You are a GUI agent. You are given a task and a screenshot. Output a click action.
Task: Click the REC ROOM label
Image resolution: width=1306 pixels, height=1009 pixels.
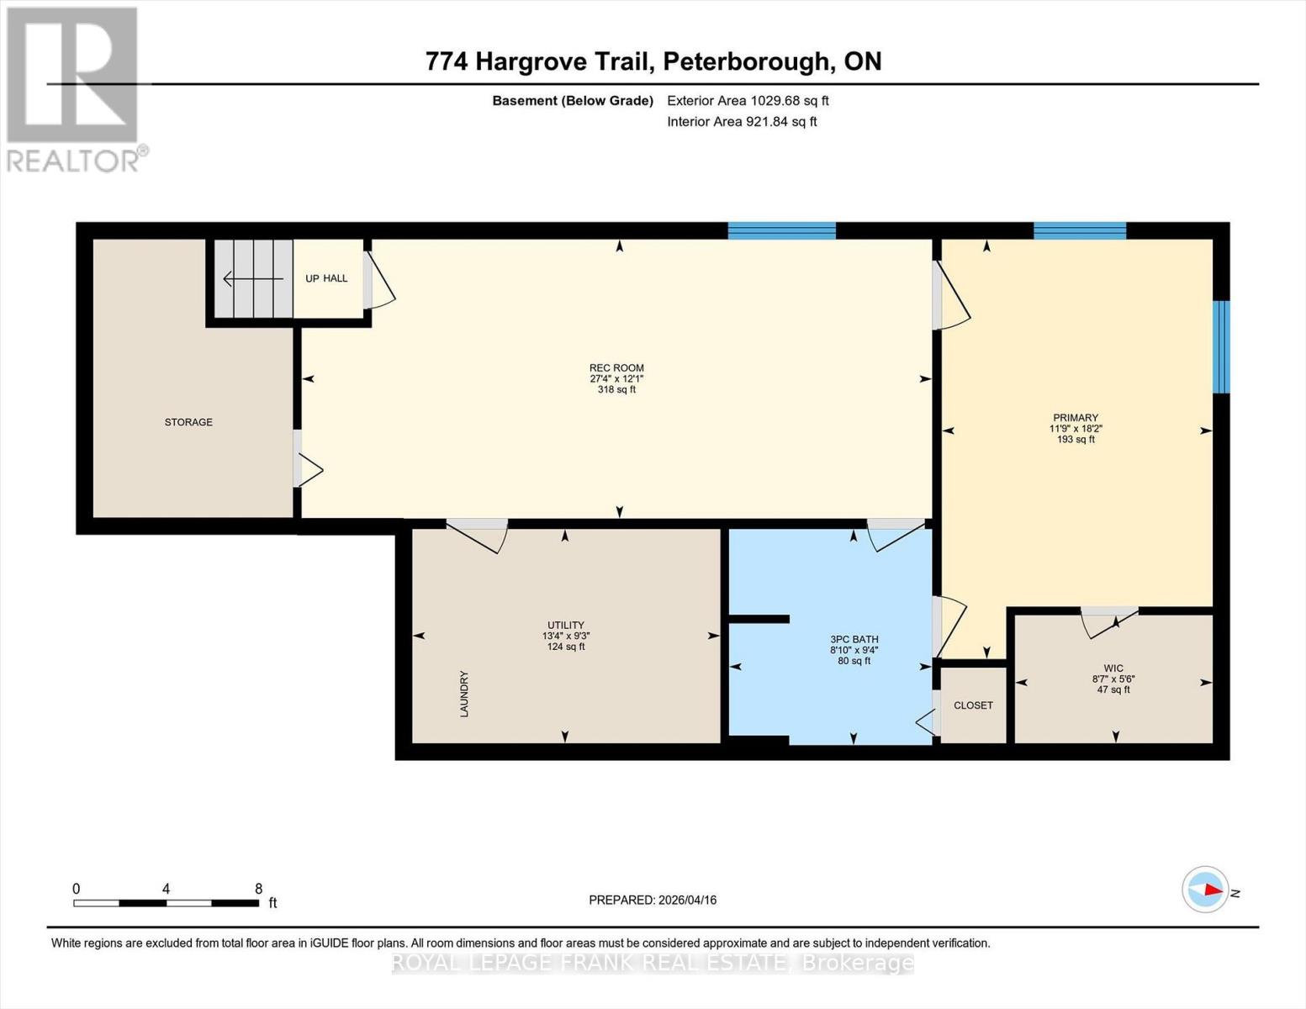[616, 368]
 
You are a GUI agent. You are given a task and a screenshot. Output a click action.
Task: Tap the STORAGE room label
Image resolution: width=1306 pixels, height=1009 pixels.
[188, 422]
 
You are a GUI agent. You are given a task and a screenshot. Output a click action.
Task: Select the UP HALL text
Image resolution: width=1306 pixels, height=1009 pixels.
[326, 278]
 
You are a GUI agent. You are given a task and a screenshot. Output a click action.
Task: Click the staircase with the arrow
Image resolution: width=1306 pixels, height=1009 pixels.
[252, 278]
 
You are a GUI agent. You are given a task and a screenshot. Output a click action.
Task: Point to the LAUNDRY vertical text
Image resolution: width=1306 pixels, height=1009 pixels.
[463, 694]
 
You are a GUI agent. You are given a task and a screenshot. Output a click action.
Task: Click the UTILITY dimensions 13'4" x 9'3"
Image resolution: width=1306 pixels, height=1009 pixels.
[566, 636]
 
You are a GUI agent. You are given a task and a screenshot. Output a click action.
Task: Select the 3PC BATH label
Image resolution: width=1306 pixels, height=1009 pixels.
[854, 639]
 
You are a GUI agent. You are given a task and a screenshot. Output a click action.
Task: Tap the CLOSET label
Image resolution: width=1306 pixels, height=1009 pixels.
[973, 705]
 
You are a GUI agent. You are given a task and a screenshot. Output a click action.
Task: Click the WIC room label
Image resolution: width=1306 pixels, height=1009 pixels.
[1113, 668]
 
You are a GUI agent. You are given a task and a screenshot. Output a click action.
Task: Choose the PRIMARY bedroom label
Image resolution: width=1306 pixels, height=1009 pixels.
[1076, 418]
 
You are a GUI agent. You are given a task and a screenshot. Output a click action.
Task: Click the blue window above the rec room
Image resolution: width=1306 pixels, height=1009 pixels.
[781, 230]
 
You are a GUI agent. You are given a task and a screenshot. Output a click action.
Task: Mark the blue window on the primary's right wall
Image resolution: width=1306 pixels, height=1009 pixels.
[1221, 346]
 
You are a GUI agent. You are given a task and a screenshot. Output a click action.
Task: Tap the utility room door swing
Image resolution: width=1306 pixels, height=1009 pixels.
[479, 535]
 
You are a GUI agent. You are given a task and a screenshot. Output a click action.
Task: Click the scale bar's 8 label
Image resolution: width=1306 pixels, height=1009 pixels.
[258, 889]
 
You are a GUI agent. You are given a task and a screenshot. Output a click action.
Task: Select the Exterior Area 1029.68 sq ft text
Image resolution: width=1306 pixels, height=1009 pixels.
[748, 100]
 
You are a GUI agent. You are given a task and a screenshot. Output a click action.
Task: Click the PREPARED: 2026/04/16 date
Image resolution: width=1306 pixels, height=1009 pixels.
[653, 900]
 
